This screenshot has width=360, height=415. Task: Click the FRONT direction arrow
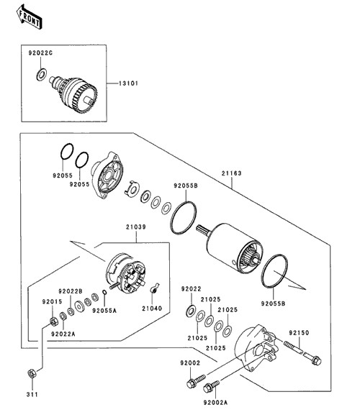(x=29, y=17)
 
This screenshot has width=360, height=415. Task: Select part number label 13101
(x=128, y=83)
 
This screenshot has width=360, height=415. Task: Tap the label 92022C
(x=40, y=53)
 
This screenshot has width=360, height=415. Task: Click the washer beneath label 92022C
(x=42, y=75)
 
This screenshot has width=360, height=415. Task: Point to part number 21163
(x=232, y=173)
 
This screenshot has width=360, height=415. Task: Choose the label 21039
(x=136, y=227)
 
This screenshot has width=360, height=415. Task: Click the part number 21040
(x=152, y=309)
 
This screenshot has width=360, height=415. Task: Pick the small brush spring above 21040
(x=154, y=288)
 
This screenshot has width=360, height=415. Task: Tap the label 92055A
(x=104, y=311)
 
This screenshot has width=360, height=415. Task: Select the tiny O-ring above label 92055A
(x=104, y=292)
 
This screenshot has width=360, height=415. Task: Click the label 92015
(x=52, y=301)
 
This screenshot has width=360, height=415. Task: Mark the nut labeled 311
(x=32, y=373)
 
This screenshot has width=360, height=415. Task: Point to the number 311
(x=32, y=394)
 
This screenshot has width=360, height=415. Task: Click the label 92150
(x=299, y=333)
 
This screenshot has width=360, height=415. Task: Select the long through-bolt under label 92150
(x=302, y=353)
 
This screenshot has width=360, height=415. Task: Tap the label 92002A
(x=215, y=403)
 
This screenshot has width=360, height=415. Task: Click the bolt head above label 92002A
(x=207, y=388)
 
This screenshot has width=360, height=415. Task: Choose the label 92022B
(x=71, y=291)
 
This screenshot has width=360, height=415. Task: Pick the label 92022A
(x=63, y=334)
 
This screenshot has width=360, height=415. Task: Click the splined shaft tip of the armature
(x=202, y=229)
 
